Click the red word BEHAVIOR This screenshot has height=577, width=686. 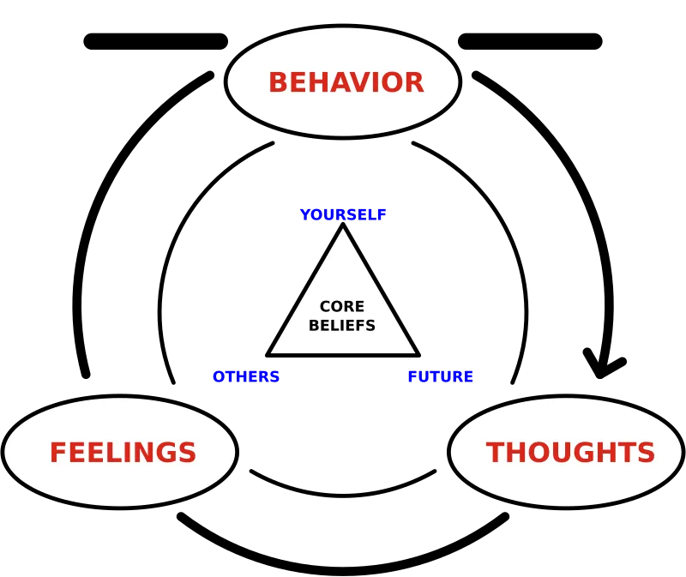tap(346, 83)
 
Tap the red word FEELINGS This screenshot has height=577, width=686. tap(123, 453)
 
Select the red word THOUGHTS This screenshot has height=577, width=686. tap(570, 453)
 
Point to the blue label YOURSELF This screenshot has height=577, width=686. tap(343, 214)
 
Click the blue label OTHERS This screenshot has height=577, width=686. tap(246, 377)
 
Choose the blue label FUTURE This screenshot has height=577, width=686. tap(440, 377)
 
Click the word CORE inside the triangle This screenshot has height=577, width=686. tap(341, 307)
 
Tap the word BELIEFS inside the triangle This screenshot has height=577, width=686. tap(341, 326)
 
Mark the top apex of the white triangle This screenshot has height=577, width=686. tap(343, 230)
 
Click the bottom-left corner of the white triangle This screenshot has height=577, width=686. tap(273, 352)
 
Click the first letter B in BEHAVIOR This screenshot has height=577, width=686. tap(278, 83)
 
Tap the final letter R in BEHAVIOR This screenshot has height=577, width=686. tap(414, 83)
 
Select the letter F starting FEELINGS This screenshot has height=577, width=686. tap(57, 453)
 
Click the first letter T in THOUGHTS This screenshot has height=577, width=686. tap(495, 453)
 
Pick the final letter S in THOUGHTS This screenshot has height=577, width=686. tap(646, 453)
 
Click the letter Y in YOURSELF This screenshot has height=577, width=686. tap(304, 214)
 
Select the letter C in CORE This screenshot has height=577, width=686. tap(325, 307)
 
